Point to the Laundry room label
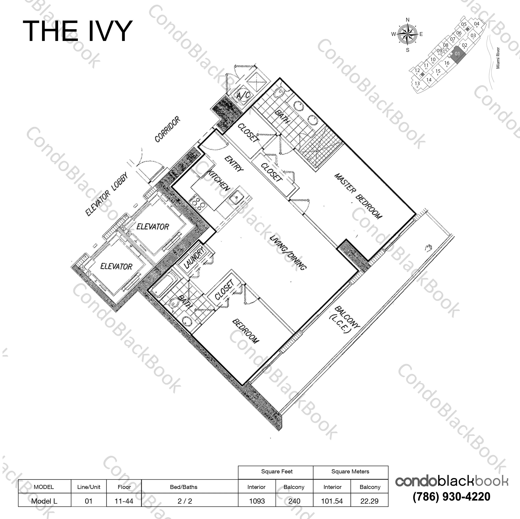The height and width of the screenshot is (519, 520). tap(194, 257)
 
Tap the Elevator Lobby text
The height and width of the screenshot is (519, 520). tap(106, 194)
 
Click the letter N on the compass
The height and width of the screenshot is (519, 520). tap(407, 20)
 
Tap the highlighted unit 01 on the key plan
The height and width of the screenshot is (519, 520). tap(457, 54)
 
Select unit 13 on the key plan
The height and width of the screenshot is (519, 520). tap(417, 84)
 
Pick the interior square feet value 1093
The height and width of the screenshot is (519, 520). tap(257, 501)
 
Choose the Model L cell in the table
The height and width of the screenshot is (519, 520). tap(44, 501)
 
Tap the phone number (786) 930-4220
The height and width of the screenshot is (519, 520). tap(451, 497)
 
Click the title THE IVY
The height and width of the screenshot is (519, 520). tap(77, 31)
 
